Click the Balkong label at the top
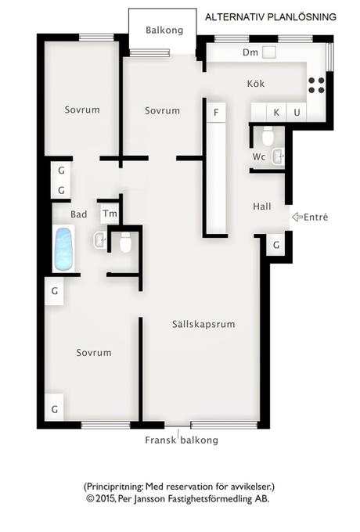[164, 31]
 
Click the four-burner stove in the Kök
[316, 85]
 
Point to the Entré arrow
[297, 217]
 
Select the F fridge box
[216, 113]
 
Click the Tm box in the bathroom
[110, 214]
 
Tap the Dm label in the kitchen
[250, 52]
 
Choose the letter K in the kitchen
[276, 113]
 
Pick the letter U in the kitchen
[297, 113]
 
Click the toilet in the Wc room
[268, 136]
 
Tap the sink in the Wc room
[278, 156]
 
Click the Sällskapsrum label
[203, 324]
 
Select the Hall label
[262, 207]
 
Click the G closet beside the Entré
[276, 245]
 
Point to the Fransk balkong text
[182, 440]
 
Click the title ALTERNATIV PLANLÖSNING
[271, 17]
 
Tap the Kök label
[255, 84]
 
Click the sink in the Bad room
[99, 240]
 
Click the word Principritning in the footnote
[114, 487]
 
